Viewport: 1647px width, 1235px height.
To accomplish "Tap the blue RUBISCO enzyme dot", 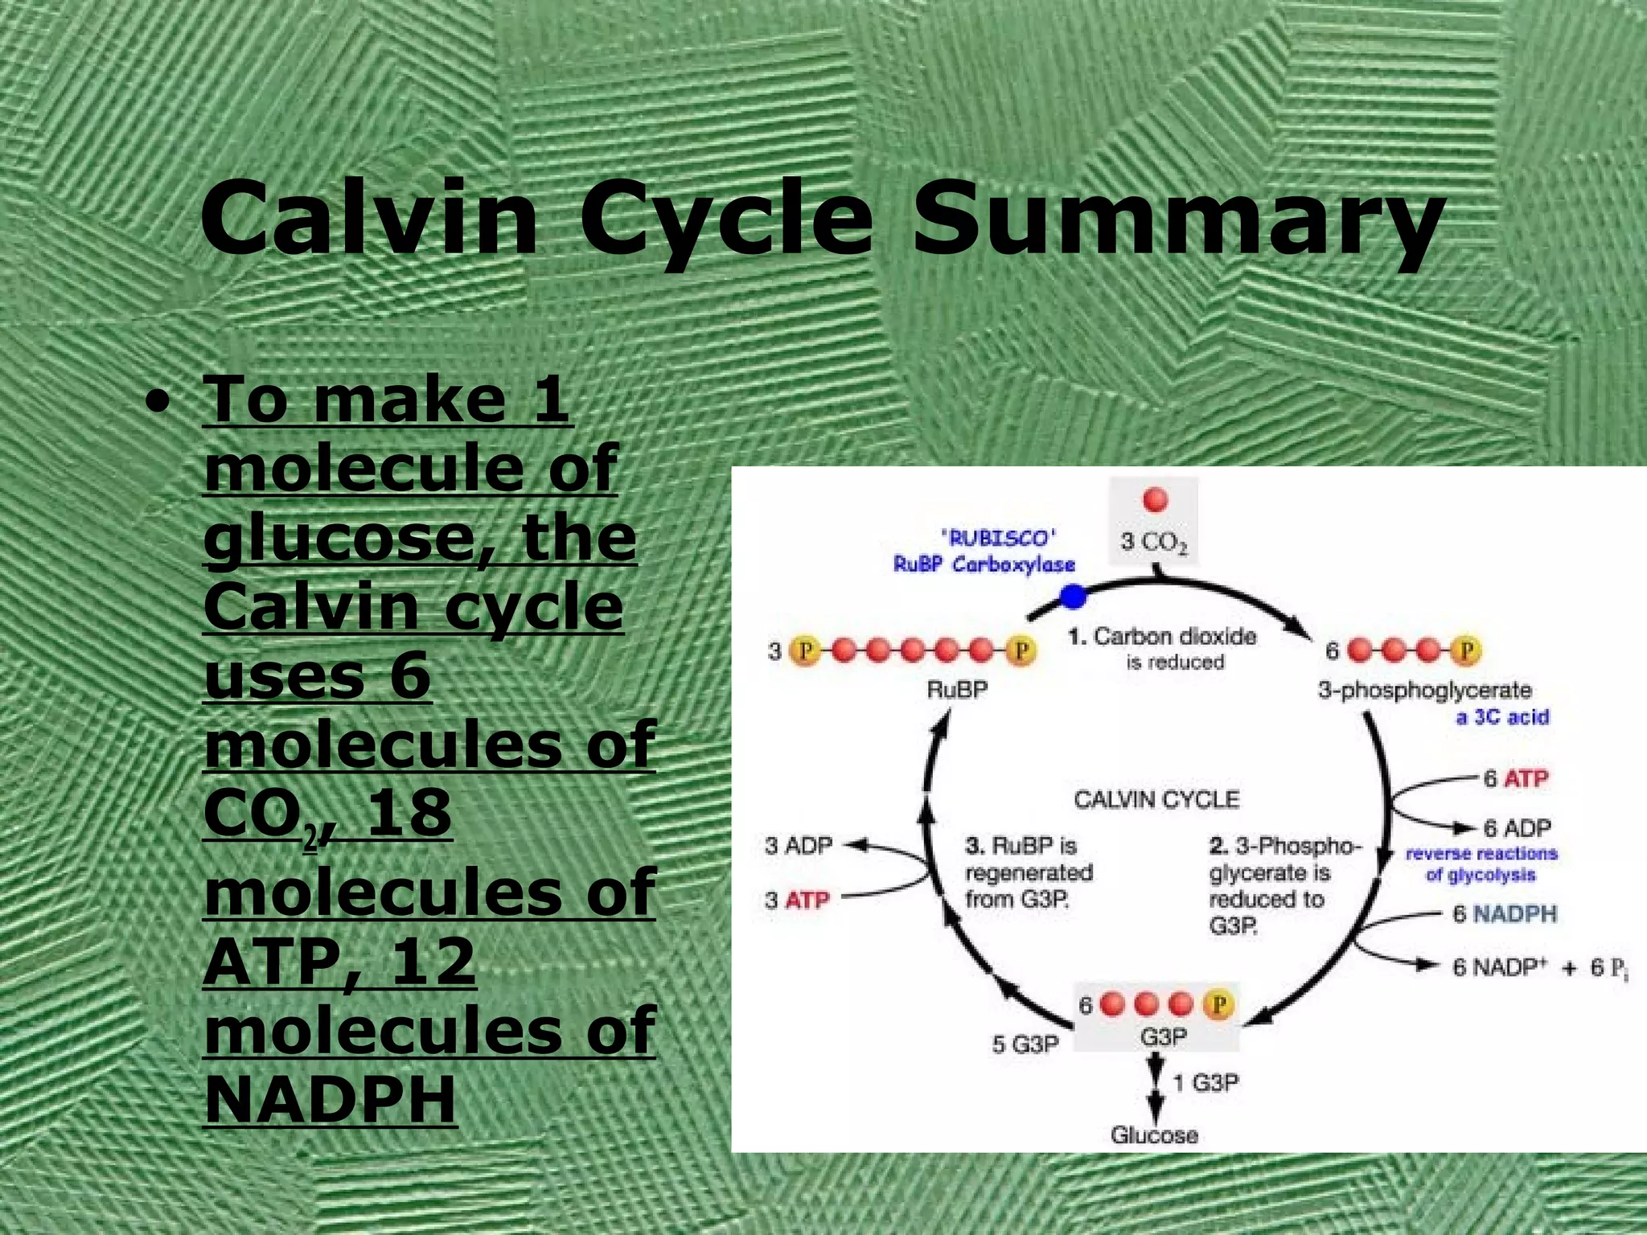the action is click(1073, 597).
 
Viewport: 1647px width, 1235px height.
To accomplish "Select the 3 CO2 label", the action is click(1154, 543).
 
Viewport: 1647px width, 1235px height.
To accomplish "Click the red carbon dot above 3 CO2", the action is click(1155, 500).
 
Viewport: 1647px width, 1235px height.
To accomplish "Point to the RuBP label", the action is click(956, 690).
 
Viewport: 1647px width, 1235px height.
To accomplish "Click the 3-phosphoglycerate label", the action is click(1424, 690).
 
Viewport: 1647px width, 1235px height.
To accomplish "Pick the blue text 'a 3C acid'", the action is click(1501, 716).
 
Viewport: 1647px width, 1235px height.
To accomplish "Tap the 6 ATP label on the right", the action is click(1516, 778).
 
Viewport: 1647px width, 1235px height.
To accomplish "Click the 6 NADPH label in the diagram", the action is click(1504, 914).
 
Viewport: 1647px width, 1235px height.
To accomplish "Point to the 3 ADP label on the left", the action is click(799, 846).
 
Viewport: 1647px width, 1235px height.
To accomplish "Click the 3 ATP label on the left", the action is click(797, 900).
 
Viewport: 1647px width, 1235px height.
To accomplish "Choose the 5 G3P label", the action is click(1025, 1044).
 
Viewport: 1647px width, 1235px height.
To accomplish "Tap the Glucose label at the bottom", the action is click(1154, 1134).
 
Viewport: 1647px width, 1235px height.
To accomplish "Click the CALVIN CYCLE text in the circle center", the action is click(1156, 799).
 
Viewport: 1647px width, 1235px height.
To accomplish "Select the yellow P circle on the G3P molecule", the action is click(1218, 1004).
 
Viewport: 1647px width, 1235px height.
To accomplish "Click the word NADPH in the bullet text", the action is click(331, 1099).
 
